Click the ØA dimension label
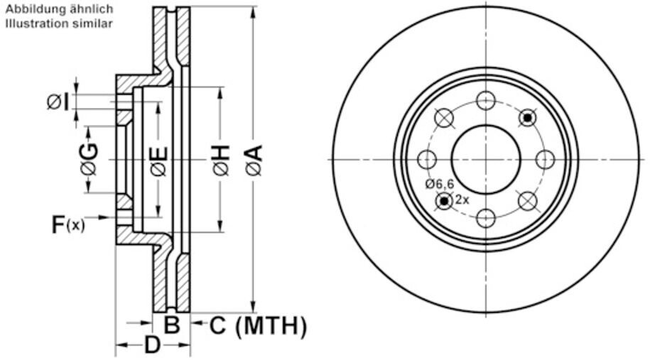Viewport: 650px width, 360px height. coord(254,160)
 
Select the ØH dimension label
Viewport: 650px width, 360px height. coord(221,160)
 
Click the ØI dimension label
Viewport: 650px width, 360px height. coord(58,103)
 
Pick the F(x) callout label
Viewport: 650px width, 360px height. coord(67,226)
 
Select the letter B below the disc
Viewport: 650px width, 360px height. coord(172,326)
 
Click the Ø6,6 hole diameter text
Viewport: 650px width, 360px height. coord(440,184)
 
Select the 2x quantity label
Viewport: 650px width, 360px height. coord(462,200)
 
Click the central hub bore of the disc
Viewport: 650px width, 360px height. coord(486,159)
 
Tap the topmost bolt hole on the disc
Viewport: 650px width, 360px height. coord(486,101)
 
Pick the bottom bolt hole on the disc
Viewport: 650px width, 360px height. coord(486,217)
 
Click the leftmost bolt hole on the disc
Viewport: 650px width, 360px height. coord(428,159)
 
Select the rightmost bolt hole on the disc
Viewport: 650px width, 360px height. coord(544,159)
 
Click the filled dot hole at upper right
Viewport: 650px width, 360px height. coord(527,118)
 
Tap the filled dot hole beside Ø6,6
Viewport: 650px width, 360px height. coord(445,201)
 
